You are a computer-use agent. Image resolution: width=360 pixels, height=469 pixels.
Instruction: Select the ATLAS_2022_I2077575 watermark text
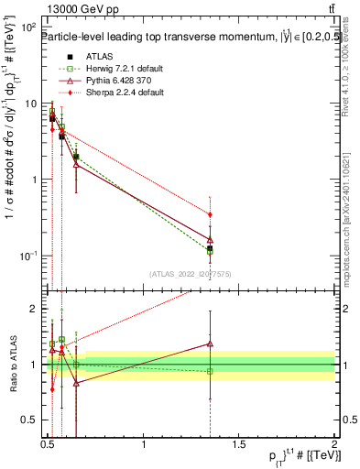(191, 273)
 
